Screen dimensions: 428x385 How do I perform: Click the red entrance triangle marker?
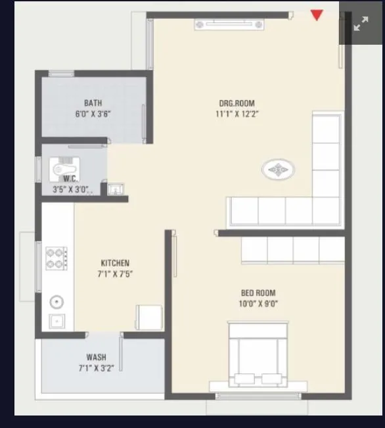pos(317,15)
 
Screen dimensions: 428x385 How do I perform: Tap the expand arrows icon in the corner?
pos(361,25)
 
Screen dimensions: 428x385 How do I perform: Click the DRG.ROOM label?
pos(237,103)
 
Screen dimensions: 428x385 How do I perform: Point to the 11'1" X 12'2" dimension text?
pos(237,114)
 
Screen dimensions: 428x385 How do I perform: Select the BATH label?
pos(93,103)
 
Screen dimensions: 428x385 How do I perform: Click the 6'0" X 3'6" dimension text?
pos(93,114)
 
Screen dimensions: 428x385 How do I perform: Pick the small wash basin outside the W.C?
pos(115,189)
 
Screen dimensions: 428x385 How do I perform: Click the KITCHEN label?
pos(114,263)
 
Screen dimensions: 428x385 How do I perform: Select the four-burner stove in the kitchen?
pos(55,258)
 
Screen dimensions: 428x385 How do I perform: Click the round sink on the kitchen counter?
pos(57,302)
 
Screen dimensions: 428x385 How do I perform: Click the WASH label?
pos(96,358)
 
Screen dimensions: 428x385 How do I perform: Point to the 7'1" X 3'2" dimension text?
pos(96,368)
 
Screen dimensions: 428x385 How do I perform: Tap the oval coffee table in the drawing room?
pos(279,171)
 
